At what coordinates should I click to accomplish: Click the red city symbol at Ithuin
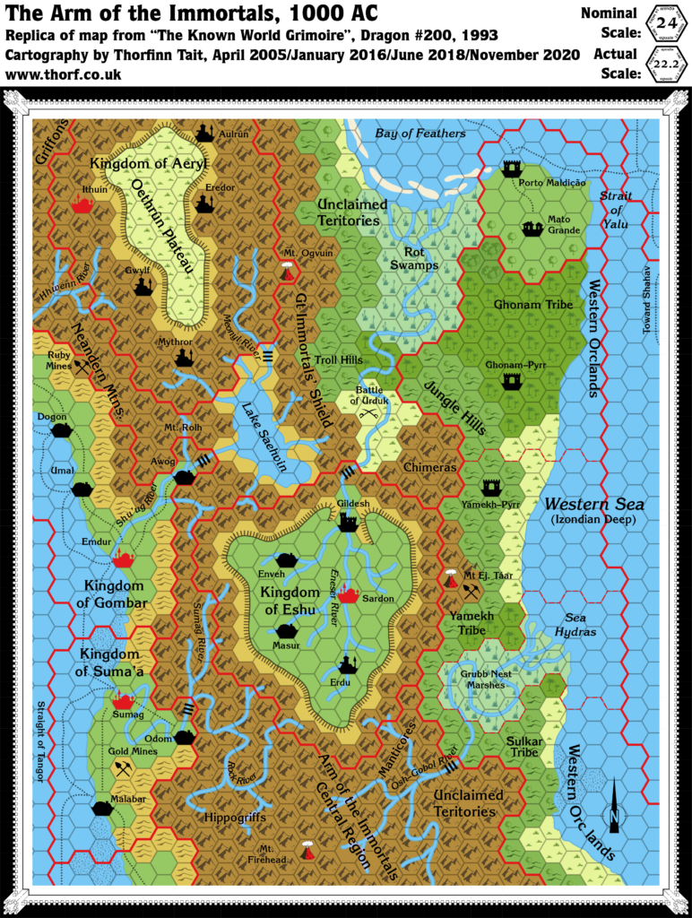84,205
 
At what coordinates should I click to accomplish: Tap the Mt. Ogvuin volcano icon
286,271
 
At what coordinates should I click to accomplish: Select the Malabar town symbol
103,809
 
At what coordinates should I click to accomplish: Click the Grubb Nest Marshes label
495,679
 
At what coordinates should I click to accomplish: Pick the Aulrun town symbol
204,133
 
